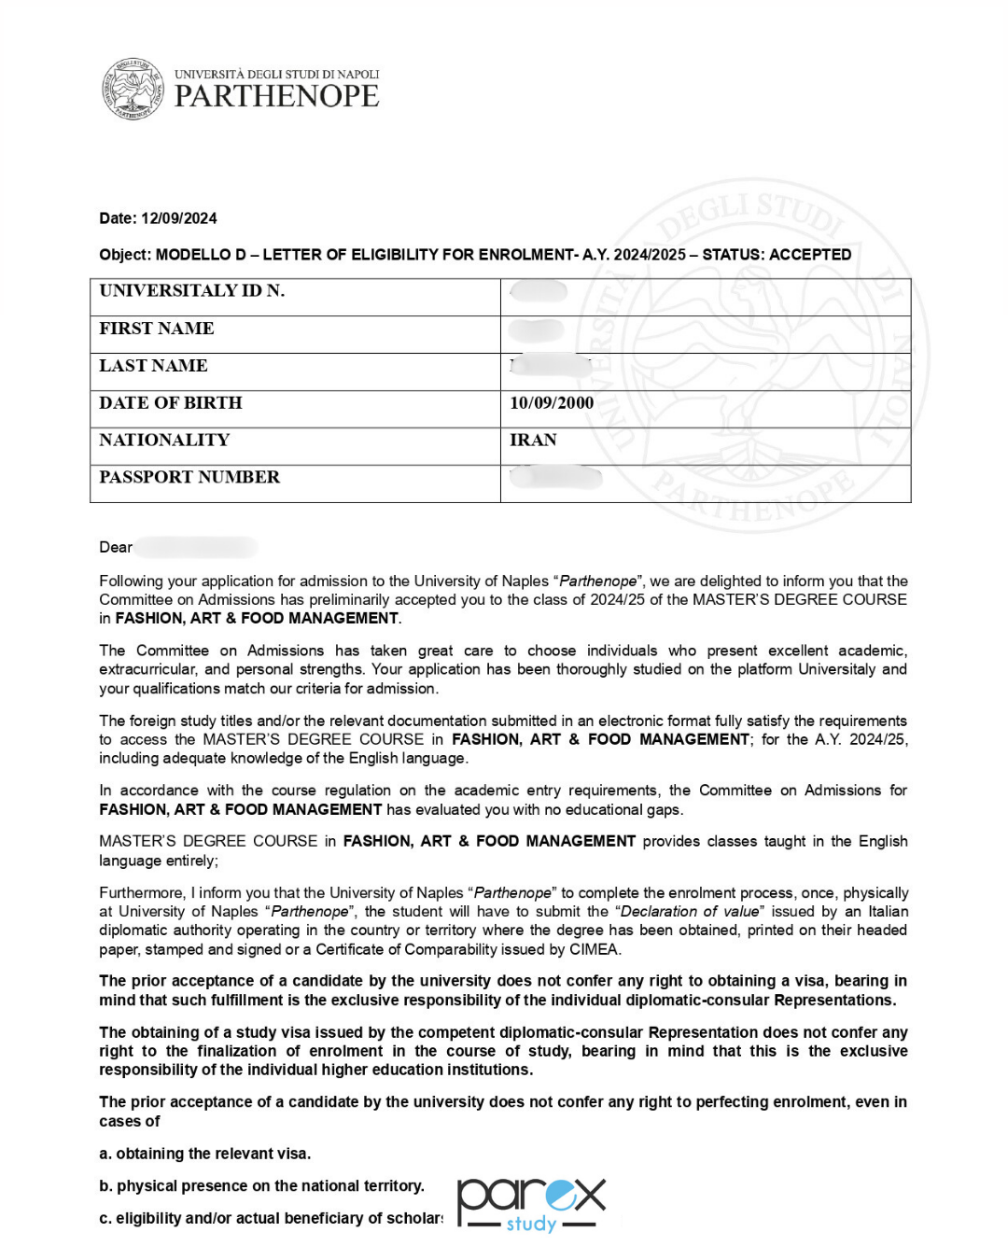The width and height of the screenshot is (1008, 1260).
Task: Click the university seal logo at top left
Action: click(133, 89)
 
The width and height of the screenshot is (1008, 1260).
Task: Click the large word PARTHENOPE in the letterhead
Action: click(276, 96)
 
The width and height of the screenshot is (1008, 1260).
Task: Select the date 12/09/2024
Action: click(179, 218)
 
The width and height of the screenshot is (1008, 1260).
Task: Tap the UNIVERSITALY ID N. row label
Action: click(192, 291)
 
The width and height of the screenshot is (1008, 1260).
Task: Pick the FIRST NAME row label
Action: click(157, 329)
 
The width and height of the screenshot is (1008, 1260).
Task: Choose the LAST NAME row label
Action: click(154, 366)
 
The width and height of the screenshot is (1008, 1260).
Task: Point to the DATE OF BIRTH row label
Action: click(171, 403)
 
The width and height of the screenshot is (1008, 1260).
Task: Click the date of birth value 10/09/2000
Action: click(552, 403)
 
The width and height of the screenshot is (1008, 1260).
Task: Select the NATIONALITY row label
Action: click(164, 441)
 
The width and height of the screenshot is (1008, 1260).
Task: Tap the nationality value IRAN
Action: click(533, 441)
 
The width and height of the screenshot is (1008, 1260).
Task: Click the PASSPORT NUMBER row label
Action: click(189, 478)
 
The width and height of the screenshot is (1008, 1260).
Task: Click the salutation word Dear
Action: click(116, 547)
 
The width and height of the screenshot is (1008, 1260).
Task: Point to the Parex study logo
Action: click(531, 1204)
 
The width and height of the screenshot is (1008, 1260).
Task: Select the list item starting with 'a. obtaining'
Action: click(205, 1154)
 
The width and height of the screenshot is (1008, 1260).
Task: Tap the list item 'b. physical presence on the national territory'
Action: click(261, 1186)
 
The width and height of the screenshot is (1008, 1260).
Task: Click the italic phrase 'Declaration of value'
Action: click(690, 912)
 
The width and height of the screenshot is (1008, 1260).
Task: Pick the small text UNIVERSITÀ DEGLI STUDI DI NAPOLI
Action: click(276, 75)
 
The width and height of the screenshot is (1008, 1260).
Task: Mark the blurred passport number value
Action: click(556, 478)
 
